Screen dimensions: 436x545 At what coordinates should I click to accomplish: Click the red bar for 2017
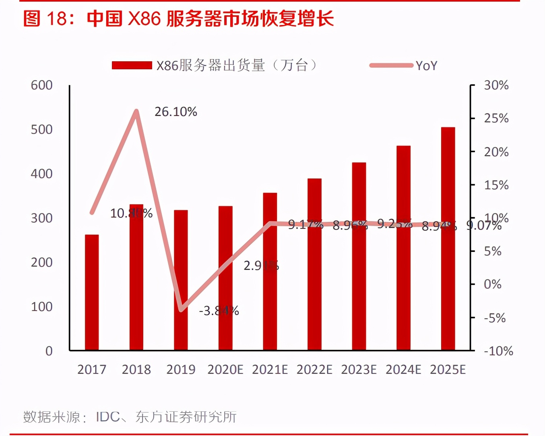tap(92, 292)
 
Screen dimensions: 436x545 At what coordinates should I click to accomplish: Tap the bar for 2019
tap(181, 280)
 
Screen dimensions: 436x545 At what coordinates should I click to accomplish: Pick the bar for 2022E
tap(314, 264)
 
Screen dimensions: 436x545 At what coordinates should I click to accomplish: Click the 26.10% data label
tap(176, 112)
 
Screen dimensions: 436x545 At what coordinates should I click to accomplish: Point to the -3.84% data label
tap(219, 311)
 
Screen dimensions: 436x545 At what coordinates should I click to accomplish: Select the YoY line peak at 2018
tap(136, 111)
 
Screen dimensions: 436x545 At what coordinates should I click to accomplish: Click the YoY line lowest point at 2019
tap(181, 309)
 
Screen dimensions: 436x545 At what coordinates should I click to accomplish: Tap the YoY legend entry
tap(404, 65)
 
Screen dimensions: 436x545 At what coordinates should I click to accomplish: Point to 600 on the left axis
tap(42, 85)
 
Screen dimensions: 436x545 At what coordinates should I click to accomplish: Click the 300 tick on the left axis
tap(42, 218)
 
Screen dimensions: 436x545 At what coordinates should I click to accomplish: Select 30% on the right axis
tap(496, 85)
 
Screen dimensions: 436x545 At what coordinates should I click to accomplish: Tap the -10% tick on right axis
tap(498, 351)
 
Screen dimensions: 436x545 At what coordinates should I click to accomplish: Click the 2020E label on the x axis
tap(225, 369)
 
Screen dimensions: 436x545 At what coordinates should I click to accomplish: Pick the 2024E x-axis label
tap(403, 369)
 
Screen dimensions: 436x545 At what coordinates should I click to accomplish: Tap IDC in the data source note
tap(107, 417)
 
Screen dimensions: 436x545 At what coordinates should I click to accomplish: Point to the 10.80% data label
tap(131, 213)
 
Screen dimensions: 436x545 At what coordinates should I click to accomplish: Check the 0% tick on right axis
tap(492, 284)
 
